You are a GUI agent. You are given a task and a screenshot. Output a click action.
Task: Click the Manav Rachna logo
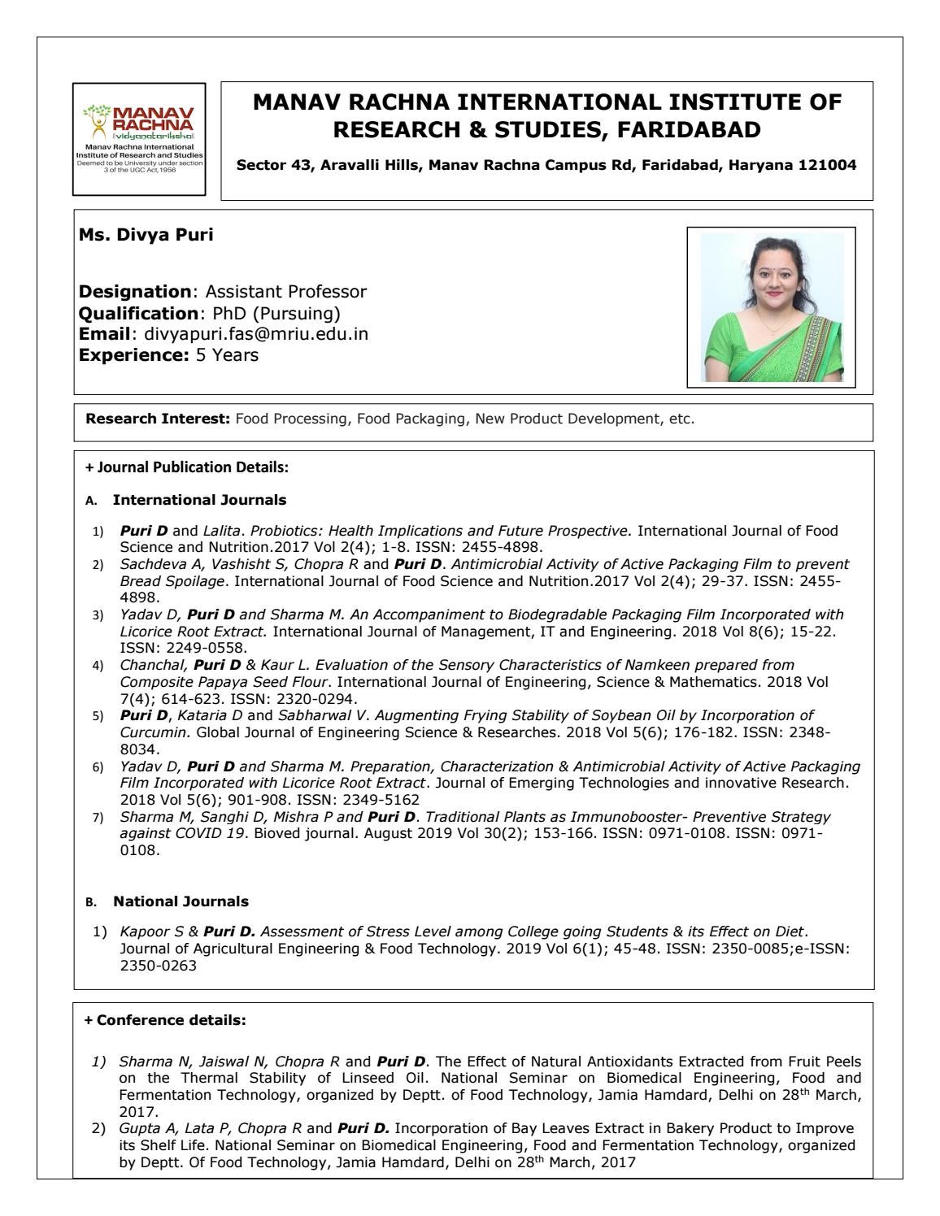[x=139, y=139]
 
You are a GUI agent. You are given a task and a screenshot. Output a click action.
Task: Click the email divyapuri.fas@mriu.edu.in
[x=255, y=333]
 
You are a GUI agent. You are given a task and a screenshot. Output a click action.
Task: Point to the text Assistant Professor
[x=285, y=291]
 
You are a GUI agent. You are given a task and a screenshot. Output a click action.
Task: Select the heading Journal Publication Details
[x=192, y=467]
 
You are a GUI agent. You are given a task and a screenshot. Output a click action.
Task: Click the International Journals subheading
[x=199, y=499]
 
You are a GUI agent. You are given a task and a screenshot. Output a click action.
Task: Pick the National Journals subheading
[x=181, y=901]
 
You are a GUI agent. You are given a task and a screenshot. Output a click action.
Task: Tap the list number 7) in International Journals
[x=98, y=817]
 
